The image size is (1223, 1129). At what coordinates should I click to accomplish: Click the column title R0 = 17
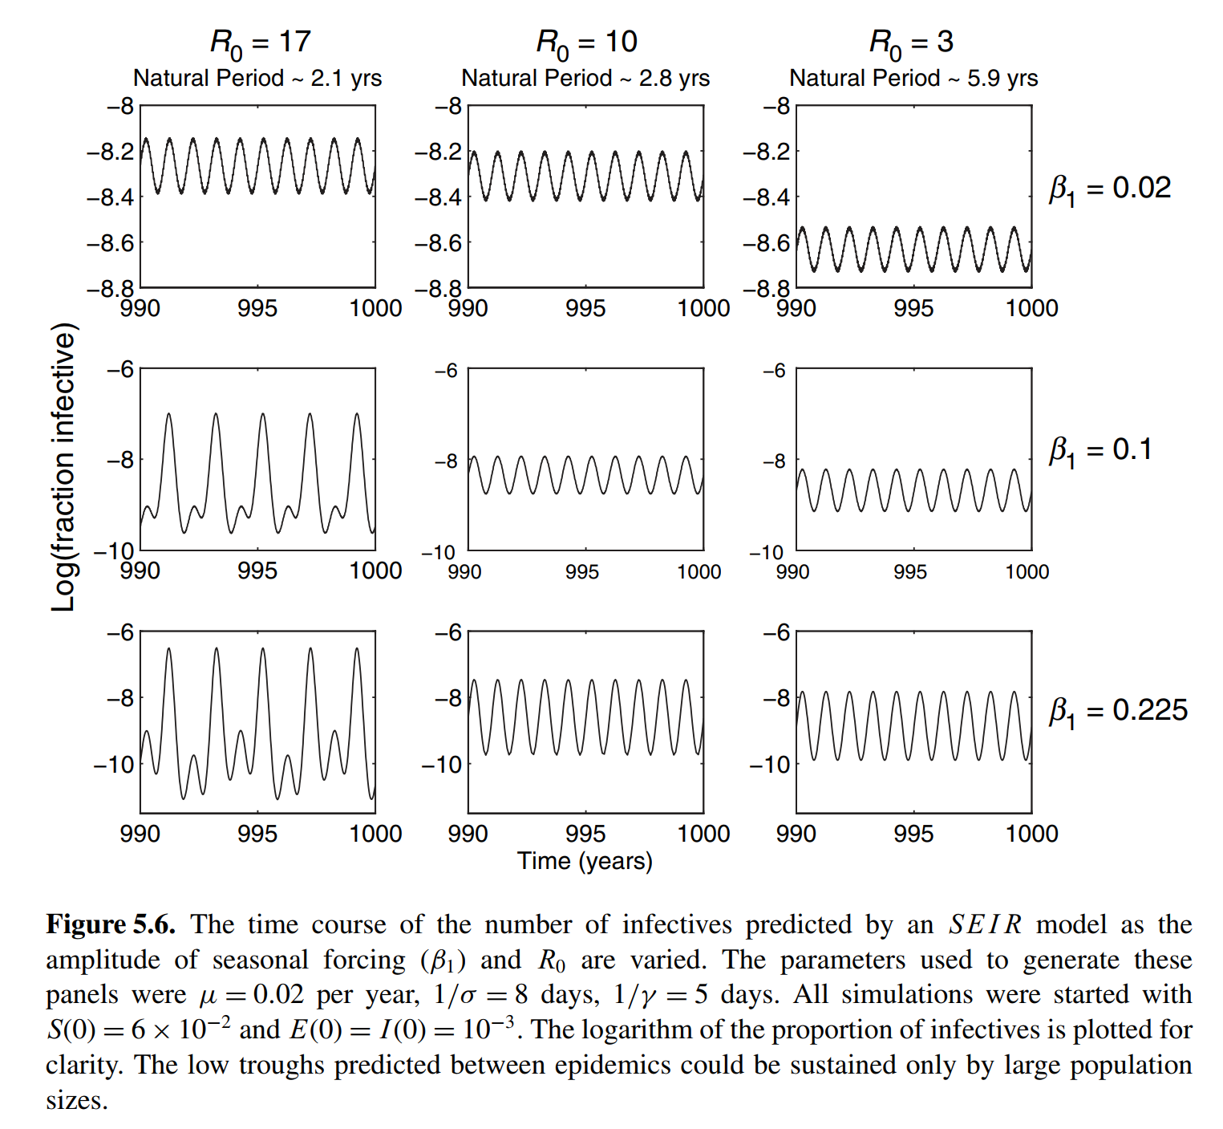pyautogui.click(x=260, y=43)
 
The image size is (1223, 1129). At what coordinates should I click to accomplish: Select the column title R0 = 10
pyautogui.click(x=586, y=43)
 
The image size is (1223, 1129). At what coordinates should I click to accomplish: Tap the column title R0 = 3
pyautogui.click(x=911, y=43)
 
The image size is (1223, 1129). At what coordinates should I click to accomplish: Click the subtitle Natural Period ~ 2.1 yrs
pyautogui.click(x=257, y=78)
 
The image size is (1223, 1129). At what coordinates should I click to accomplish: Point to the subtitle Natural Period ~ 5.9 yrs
pyautogui.click(x=913, y=78)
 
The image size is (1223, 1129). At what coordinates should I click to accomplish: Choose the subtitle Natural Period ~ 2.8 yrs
pyautogui.click(x=585, y=78)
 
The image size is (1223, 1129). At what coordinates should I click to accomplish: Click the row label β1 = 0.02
pyautogui.click(x=1110, y=189)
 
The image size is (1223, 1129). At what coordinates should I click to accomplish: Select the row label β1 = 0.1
pyautogui.click(x=1100, y=451)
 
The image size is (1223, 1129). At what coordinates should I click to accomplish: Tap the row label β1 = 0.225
pyautogui.click(x=1118, y=712)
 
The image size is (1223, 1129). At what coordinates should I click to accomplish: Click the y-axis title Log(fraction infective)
pyautogui.click(x=64, y=467)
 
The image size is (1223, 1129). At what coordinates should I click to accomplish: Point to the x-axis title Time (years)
pyautogui.click(x=585, y=861)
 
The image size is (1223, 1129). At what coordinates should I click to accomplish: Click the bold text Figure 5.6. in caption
pyautogui.click(x=111, y=924)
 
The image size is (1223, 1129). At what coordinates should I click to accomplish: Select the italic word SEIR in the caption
pyautogui.click(x=986, y=924)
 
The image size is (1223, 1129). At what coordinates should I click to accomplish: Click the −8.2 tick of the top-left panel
pyautogui.click(x=111, y=151)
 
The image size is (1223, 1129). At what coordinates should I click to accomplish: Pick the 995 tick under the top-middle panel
pyautogui.click(x=585, y=309)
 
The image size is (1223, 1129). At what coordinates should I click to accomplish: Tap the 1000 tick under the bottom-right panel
pyautogui.click(x=1031, y=834)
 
